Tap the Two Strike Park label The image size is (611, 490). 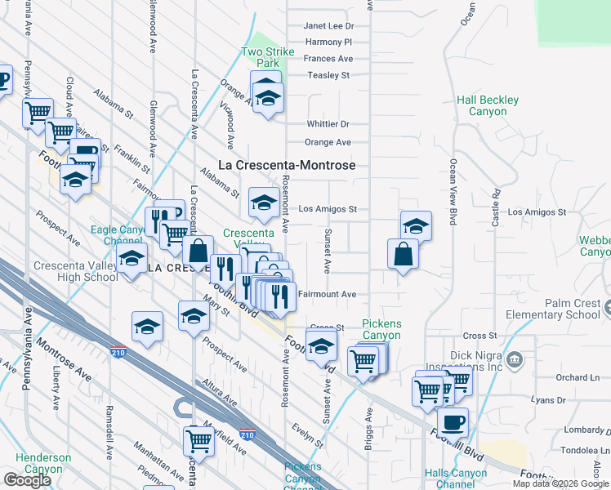[x=266, y=57]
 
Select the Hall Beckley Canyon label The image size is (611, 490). [x=488, y=106]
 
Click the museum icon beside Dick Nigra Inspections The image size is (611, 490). [x=515, y=359]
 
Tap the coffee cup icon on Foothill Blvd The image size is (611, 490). [x=453, y=423]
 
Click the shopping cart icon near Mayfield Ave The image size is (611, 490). [x=198, y=441]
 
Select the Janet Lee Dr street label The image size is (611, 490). [x=328, y=26]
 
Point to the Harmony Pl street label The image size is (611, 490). [x=328, y=42]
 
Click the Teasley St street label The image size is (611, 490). [x=328, y=75]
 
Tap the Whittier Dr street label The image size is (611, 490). [x=328, y=124]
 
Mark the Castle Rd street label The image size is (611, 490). [x=496, y=209]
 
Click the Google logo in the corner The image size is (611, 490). [x=27, y=480]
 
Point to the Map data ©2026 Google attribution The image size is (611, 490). [x=561, y=483]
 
